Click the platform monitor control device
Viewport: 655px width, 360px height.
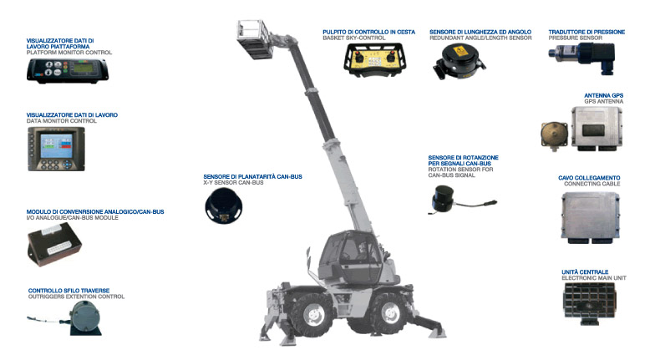pyautogui.click(x=68, y=70)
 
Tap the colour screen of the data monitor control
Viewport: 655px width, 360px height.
pyautogui.click(x=57, y=145)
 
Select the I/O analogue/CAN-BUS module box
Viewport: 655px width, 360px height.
pyautogui.click(x=54, y=244)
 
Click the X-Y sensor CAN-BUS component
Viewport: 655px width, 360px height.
pyautogui.click(x=224, y=205)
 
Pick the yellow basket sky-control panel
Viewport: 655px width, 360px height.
pyautogui.click(x=374, y=60)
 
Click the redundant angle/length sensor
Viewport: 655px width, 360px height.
pyautogui.click(x=459, y=62)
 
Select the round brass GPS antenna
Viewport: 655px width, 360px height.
pyautogui.click(x=555, y=135)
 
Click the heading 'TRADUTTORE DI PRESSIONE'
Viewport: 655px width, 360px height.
pyautogui.click(x=586, y=32)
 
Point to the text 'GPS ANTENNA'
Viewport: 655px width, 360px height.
pyautogui.click(x=603, y=102)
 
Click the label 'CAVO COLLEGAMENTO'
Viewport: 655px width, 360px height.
pyautogui.click(x=589, y=178)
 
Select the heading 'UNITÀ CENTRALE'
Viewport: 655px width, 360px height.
pyautogui.click(x=585, y=272)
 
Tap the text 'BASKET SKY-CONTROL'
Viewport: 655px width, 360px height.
pyautogui.click(x=354, y=38)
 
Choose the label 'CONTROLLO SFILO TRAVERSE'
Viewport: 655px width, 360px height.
pyautogui.click(x=69, y=291)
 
